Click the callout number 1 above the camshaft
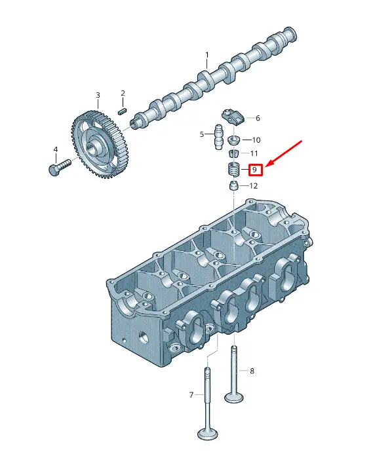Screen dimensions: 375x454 (x=207, y=55)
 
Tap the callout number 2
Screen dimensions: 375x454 (x=123, y=93)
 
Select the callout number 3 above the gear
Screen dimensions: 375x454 (x=98, y=95)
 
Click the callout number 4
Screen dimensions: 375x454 (x=56, y=149)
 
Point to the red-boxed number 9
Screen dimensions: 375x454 (x=255, y=170)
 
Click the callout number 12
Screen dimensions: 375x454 (x=254, y=186)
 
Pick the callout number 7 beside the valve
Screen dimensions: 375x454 (x=191, y=394)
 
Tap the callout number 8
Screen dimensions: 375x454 (x=252, y=371)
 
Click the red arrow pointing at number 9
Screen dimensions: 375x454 (x=284, y=154)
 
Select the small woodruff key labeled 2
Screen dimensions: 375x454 (x=123, y=111)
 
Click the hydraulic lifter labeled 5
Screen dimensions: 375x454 (x=218, y=137)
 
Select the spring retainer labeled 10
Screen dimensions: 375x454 (x=233, y=141)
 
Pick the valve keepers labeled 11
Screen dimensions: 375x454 (x=233, y=153)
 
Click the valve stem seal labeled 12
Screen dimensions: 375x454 (x=233, y=186)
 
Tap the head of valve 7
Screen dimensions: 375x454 (x=208, y=434)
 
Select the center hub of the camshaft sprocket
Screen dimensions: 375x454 (x=93, y=147)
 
